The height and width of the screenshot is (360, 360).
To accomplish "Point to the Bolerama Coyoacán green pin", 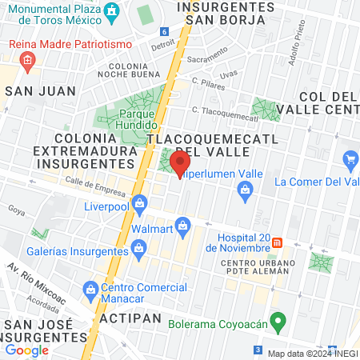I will click(x=278, y=322).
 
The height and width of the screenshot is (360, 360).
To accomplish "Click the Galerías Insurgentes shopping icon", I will click(x=138, y=247).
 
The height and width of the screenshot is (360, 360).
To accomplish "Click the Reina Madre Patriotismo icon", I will click(x=28, y=59).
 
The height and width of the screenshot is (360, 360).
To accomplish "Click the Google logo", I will click(x=26, y=350).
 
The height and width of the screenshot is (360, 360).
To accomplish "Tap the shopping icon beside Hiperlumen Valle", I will click(x=246, y=189).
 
